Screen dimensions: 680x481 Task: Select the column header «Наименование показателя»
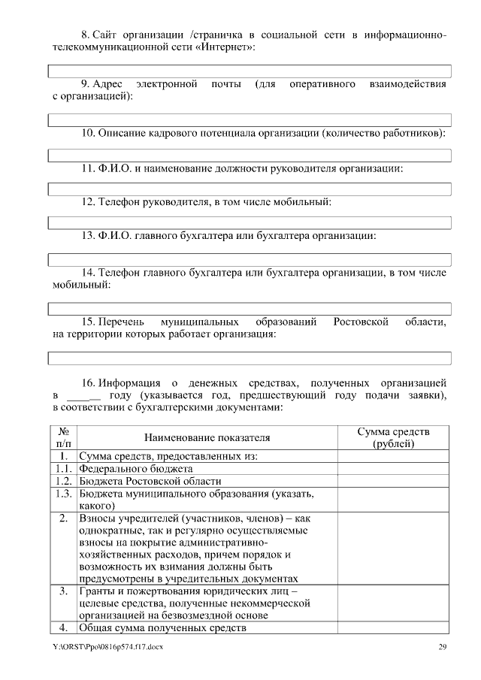click(207, 437)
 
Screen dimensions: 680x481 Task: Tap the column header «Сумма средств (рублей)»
click(393, 437)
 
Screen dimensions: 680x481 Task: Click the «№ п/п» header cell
click(64, 437)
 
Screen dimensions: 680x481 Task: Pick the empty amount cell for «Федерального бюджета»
click(393, 468)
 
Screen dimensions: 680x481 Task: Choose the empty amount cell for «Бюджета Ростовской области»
click(393, 481)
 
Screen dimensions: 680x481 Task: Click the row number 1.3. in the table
click(64, 494)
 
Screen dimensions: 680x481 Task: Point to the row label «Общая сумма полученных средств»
click(163, 628)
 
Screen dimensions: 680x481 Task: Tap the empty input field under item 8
click(250, 71)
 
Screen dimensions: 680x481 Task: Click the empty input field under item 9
click(250, 119)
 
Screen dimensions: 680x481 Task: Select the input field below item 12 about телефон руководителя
click(250, 222)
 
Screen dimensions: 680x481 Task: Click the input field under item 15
click(250, 357)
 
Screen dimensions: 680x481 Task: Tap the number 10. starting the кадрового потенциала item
click(88, 133)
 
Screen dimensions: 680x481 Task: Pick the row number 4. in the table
click(64, 628)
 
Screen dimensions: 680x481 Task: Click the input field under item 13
click(250, 259)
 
